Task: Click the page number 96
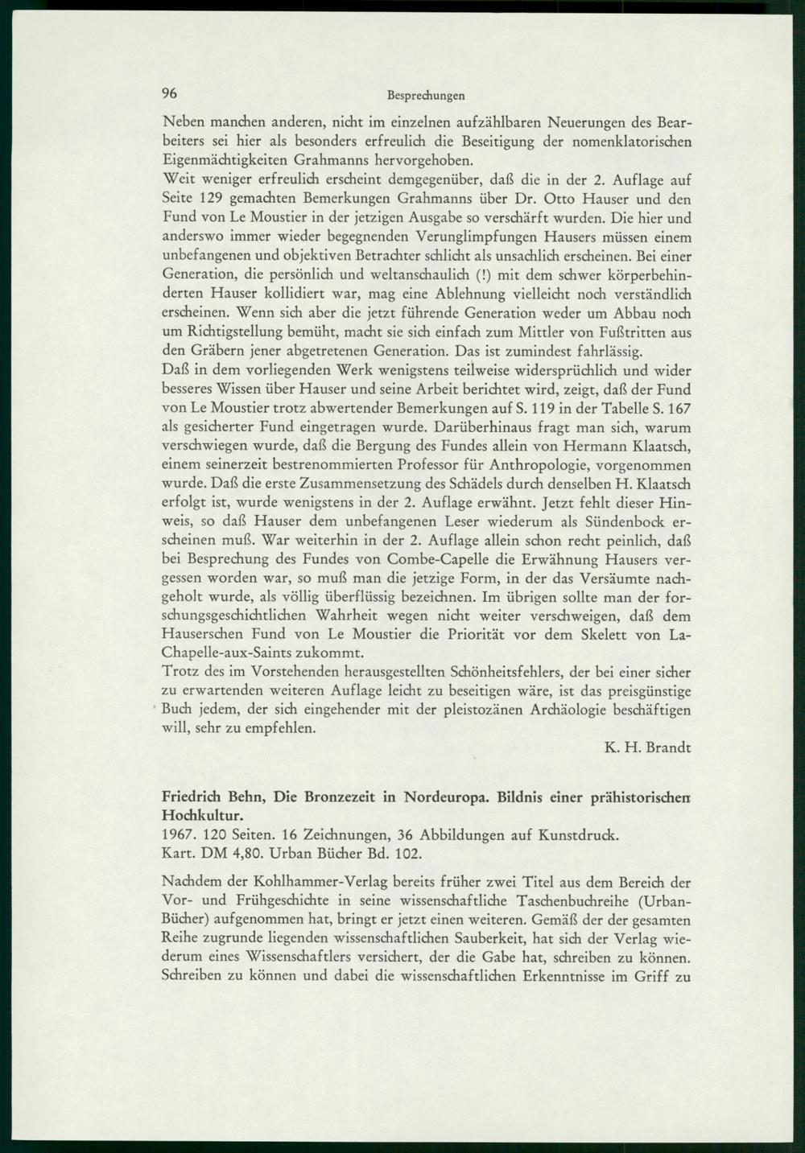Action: pos(169,93)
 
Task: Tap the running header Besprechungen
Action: pos(426,95)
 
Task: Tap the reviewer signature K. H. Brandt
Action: pos(647,747)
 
